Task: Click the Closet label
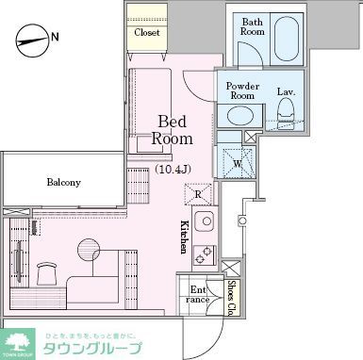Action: point(146,32)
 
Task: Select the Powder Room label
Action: point(243,90)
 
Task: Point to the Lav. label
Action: point(287,91)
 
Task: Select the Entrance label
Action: point(198,295)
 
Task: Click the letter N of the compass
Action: point(54,38)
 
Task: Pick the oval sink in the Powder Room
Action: point(241,116)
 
